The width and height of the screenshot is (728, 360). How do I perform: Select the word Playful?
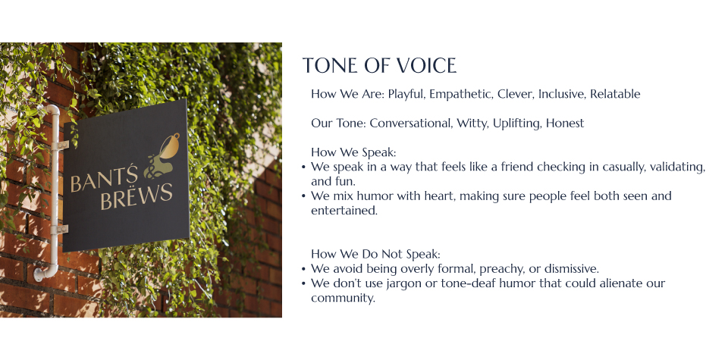(x=406, y=94)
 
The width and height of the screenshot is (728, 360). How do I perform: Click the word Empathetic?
(x=460, y=94)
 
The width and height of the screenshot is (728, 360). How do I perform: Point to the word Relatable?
(x=615, y=94)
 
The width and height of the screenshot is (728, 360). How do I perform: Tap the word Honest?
(x=565, y=124)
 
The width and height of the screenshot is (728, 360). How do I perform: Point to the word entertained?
(x=344, y=211)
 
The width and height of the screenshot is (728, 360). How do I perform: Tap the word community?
(x=343, y=299)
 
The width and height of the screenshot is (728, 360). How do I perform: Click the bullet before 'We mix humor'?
(x=303, y=196)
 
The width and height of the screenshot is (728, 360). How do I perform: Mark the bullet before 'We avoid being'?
(x=303, y=269)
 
